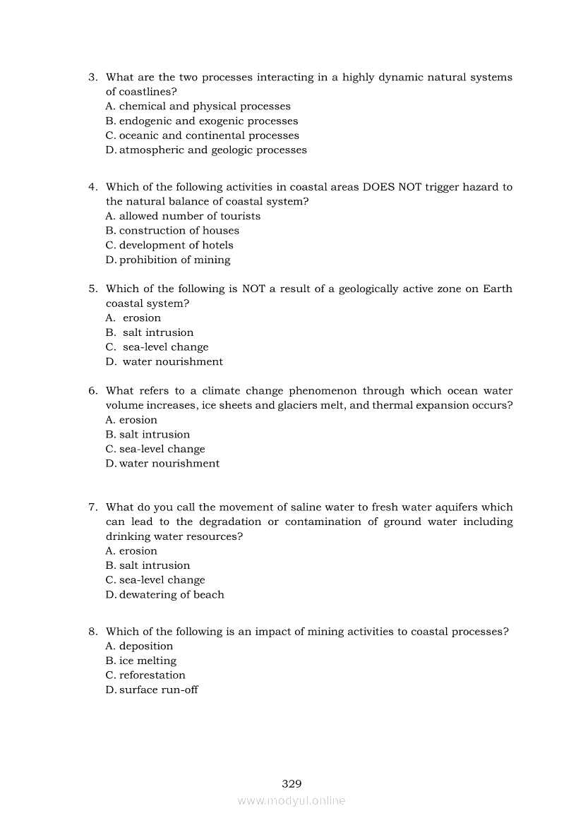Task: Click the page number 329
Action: pyautogui.click(x=291, y=783)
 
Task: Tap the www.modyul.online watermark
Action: pyautogui.click(x=291, y=801)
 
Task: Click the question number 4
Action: pyautogui.click(x=92, y=187)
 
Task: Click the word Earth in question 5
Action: pyautogui.click(x=498, y=289)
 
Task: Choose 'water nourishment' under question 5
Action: pyautogui.click(x=172, y=361)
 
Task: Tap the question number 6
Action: pyautogui.click(x=92, y=391)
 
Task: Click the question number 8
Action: pyautogui.click(x=92, y=632)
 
